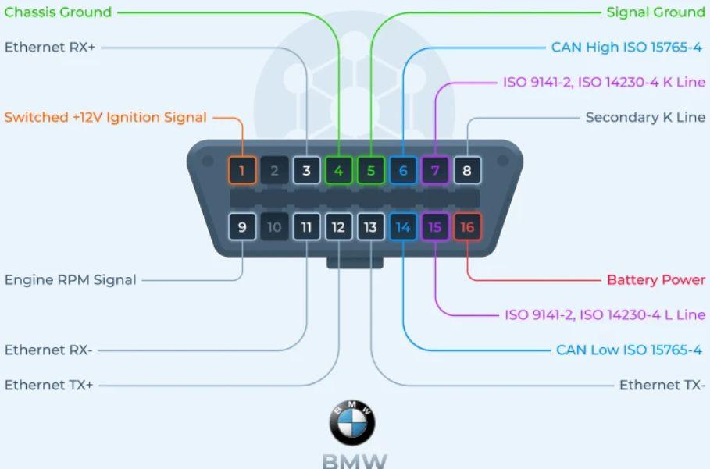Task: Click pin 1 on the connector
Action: (x=242, y=170)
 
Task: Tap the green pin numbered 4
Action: (x=338, y=170)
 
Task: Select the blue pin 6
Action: (x=403, y=170)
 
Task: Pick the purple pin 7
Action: (x=435, y=170)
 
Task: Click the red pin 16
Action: (x=467, y=227)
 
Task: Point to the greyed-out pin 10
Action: (x=274, y=227)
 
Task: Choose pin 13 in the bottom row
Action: (x=370, y=227)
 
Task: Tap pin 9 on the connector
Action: (x=242, y=227)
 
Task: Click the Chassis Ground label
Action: (x=58, y=12)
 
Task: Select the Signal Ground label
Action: (x=655, y=12)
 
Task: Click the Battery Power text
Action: (x=656, y=279)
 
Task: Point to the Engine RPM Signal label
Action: (x=70, y=279)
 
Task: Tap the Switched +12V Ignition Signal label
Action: (x=105, y=117)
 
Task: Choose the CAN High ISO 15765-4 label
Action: (x=626, y=47)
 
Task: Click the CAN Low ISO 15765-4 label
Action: (x=629, y=350)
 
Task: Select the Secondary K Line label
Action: (x=645, y=117)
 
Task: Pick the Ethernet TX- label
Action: (x=662, y=385)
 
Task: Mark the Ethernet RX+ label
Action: (x=49, y=47)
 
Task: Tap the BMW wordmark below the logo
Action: (x=354, y=460)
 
